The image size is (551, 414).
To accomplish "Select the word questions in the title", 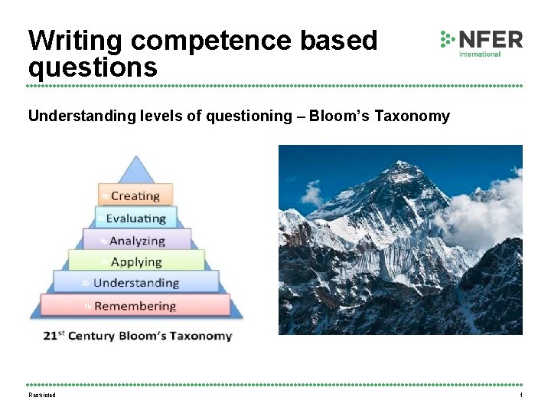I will coord(93,67).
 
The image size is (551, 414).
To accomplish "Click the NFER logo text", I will coord(491,39).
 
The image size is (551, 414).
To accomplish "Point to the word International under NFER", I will coord(480,54).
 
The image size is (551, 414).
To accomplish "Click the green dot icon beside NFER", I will coord(448,39).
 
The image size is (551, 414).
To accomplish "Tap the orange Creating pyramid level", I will coord(135,195).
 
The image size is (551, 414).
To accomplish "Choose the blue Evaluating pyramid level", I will coord(135,218).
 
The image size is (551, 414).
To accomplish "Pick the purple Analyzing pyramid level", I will coord(136,240).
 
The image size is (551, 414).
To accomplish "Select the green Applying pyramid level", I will coord(136,261).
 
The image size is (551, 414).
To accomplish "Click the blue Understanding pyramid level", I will coord(135,283).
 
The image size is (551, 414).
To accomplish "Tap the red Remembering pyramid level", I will coord(135,306).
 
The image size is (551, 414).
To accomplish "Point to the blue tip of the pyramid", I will coord(136,169).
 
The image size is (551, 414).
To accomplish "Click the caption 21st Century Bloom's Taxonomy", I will coord(137,335).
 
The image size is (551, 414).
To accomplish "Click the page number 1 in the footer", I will coord(520,395).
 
